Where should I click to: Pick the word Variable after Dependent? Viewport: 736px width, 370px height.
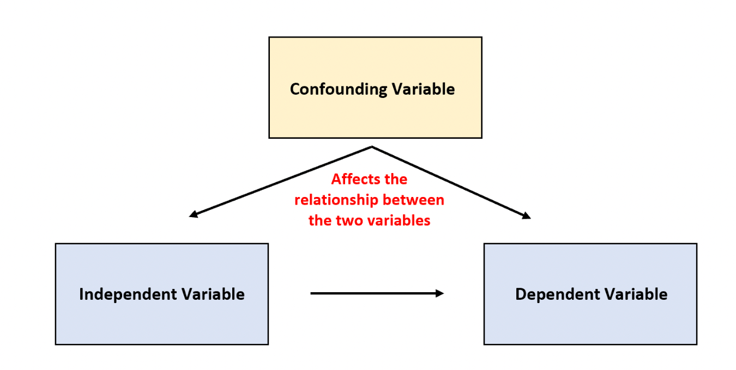pos(636,294)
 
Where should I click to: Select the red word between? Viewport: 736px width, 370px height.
pos(414,200)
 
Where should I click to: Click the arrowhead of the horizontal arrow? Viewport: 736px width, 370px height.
pos(440,293)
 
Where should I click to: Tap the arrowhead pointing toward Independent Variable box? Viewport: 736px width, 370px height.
pos(193,215)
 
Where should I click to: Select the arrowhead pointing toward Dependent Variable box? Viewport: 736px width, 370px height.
pos(526,217)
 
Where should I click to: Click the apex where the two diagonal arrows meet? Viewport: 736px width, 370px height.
pos(372,146)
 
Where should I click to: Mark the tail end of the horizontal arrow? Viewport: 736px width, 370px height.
pos(312,293)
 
